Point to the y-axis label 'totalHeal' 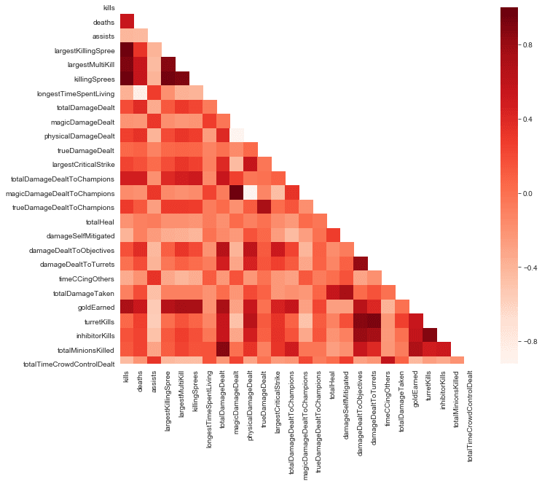coord(100,221)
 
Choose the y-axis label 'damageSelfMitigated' coord(81,235)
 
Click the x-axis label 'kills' coord(127,380)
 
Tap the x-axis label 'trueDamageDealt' coord(262,399)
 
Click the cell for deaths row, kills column coord(127,22)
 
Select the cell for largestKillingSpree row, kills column coord(127,51)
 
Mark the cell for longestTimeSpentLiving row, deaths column coord(141,93)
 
